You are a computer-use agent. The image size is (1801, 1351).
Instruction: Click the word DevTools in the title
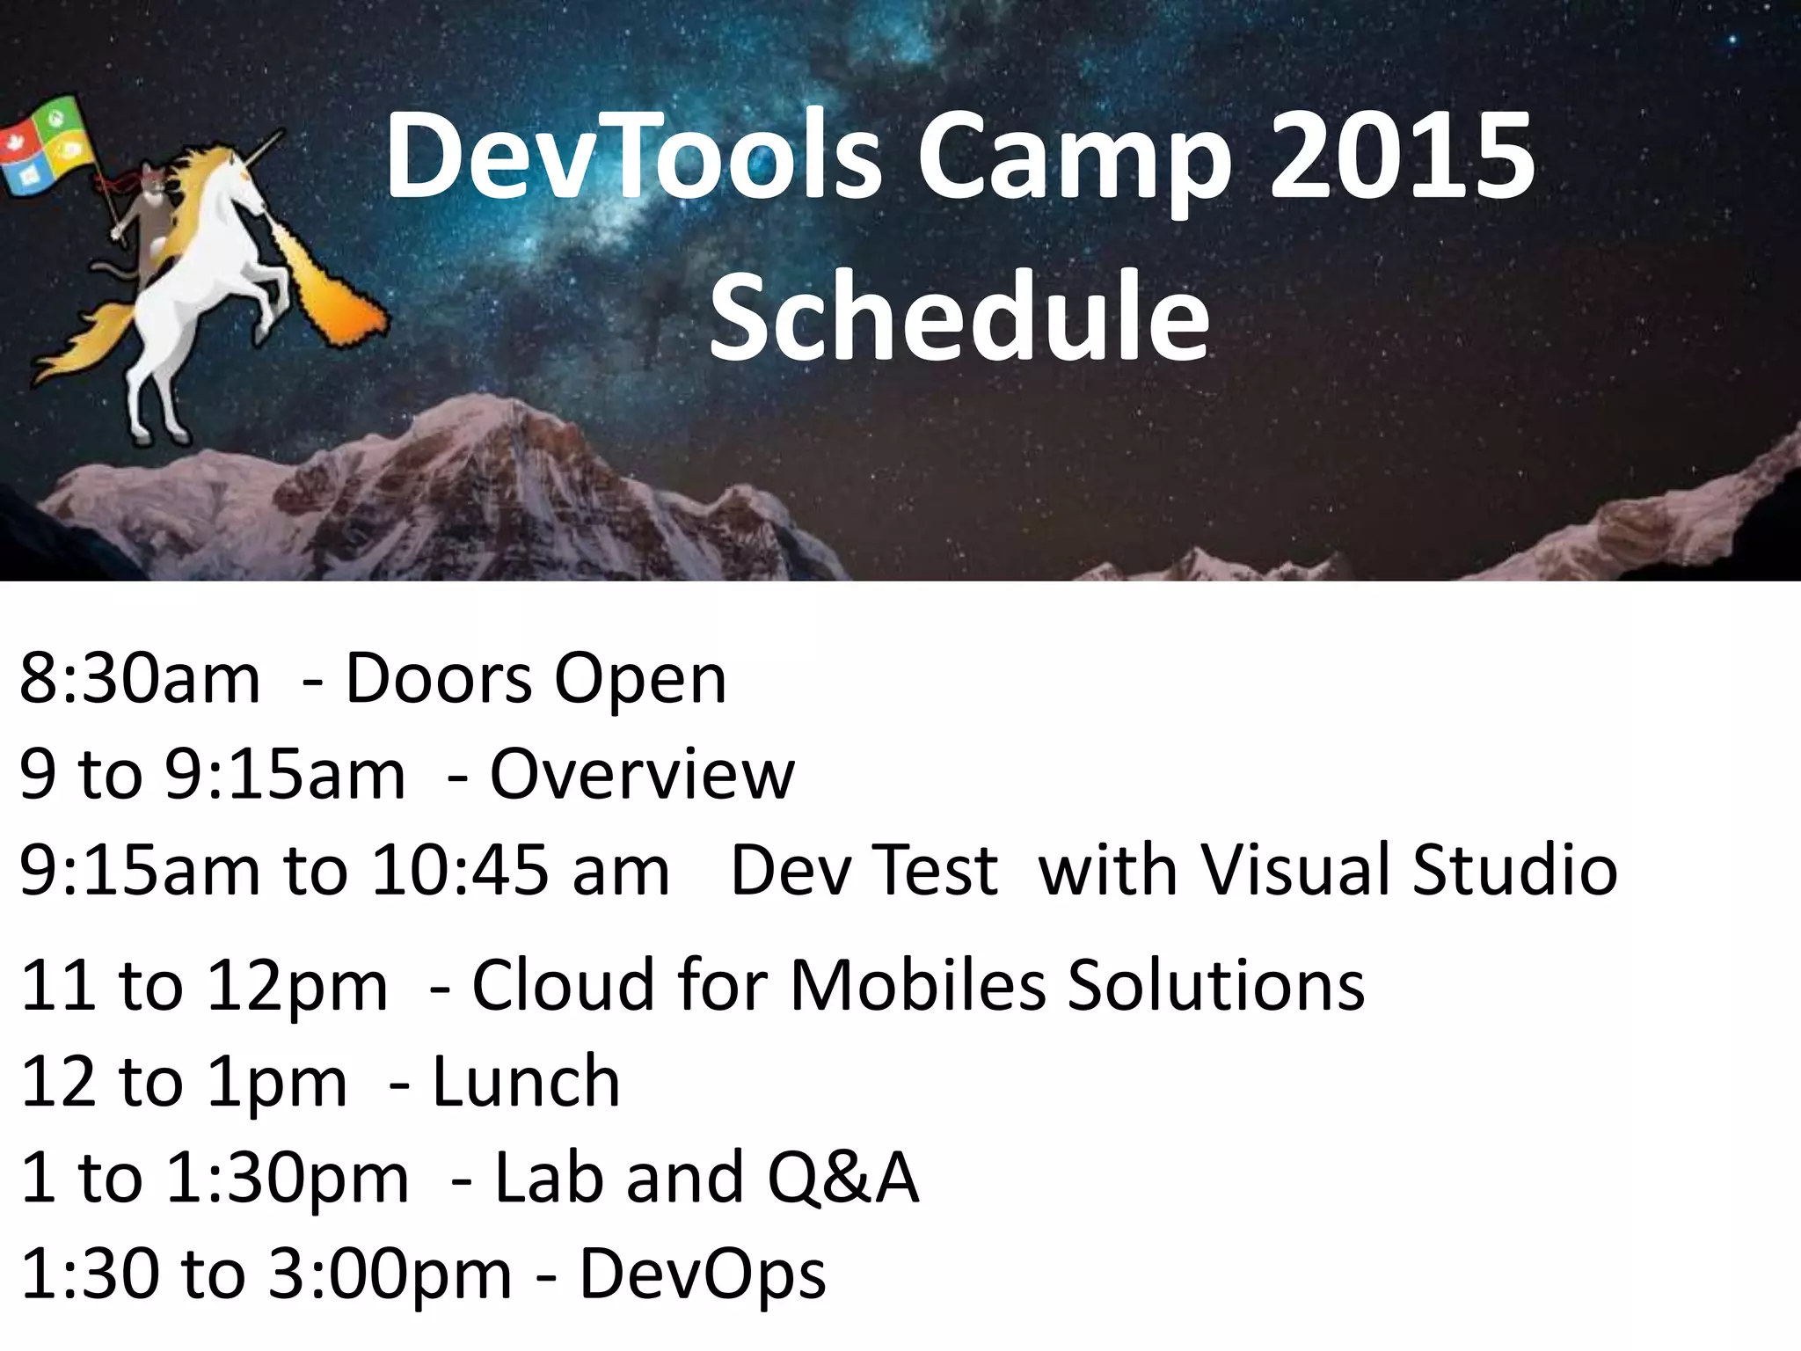coord(633,158)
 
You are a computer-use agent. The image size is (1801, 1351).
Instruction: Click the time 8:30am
coord(141,679)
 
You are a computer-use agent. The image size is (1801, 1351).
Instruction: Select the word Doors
coord(440,679)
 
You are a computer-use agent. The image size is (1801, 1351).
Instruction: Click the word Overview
coord(642,775)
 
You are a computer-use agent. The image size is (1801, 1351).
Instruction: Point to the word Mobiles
coord(918,984)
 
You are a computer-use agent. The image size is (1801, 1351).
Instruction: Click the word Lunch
coord(527,1081)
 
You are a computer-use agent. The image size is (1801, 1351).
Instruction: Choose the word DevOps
coord(703,1275)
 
